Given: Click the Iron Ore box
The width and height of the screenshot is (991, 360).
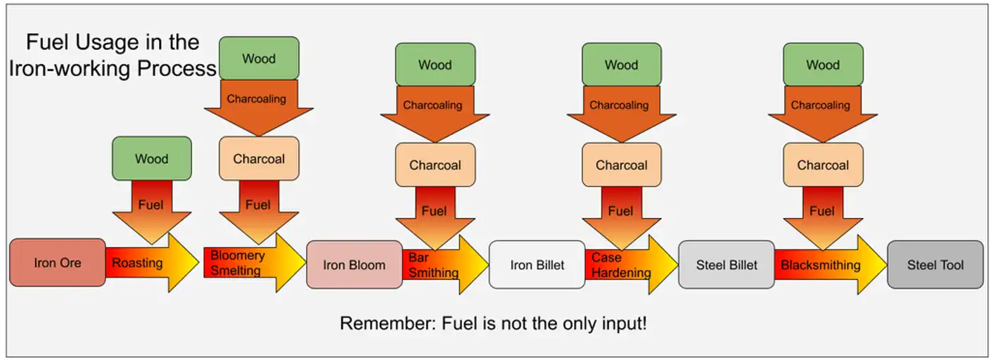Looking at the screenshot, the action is (x=58, y=263).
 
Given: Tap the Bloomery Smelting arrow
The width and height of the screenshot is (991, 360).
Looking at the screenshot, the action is (x=255, y=263).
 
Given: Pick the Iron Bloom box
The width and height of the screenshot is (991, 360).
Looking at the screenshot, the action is (x=354, y=265).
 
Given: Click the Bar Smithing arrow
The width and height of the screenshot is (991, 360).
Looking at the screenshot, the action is (x=445, y=265).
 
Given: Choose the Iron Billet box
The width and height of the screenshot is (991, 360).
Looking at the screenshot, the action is (x=537, y=265).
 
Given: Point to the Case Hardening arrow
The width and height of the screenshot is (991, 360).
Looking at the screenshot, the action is (x=632, y=265).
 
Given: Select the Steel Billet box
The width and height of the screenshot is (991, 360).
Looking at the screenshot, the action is (x=727, y=265).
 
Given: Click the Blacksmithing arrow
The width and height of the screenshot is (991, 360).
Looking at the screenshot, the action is (x=831, y=265).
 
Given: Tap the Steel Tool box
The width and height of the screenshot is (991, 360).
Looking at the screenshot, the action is (x=935, y=265).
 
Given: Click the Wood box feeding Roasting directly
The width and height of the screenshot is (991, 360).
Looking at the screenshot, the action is (x=152, y=158).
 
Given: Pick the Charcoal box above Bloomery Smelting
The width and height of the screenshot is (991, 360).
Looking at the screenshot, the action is (x=259, y=158).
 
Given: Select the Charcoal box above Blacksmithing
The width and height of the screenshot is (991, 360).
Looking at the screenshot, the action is (x=823, y=165).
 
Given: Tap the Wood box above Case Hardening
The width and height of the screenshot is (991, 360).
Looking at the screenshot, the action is (x=622, y=65).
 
